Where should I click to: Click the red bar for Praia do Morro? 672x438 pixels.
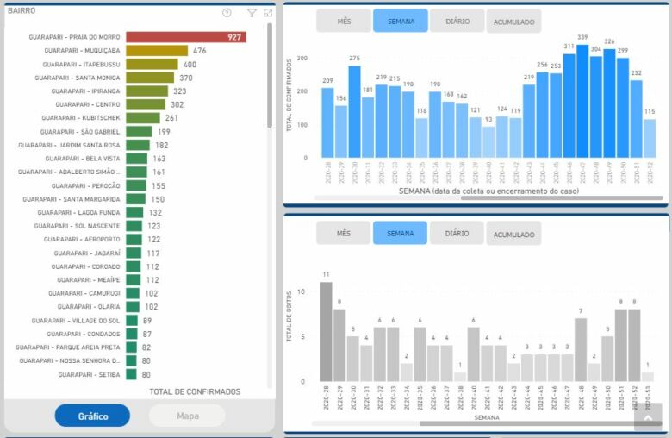coord(185,37)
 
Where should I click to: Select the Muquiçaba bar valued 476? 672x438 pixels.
coord(156,51)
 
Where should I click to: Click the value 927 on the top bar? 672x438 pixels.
coord(233,37)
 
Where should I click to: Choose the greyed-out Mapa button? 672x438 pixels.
coord(187,416)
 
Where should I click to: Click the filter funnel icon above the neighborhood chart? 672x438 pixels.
coord(252,13)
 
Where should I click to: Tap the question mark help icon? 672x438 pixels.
coord(227,13)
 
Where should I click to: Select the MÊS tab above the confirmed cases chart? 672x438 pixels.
coord(343,21)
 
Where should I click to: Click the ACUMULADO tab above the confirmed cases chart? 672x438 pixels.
coord(513,22)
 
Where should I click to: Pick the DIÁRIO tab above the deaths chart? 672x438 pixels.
coord(457,233)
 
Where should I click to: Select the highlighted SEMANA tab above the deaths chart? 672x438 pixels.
coord(400,233)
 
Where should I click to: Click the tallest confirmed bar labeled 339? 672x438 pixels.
coord(582,102)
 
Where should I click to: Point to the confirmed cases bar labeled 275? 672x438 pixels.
coord(354,112)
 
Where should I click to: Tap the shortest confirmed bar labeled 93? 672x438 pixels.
coord(488,142)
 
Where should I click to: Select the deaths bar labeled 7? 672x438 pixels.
coord(581,349)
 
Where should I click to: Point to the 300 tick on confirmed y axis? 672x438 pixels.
coord(302,59)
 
